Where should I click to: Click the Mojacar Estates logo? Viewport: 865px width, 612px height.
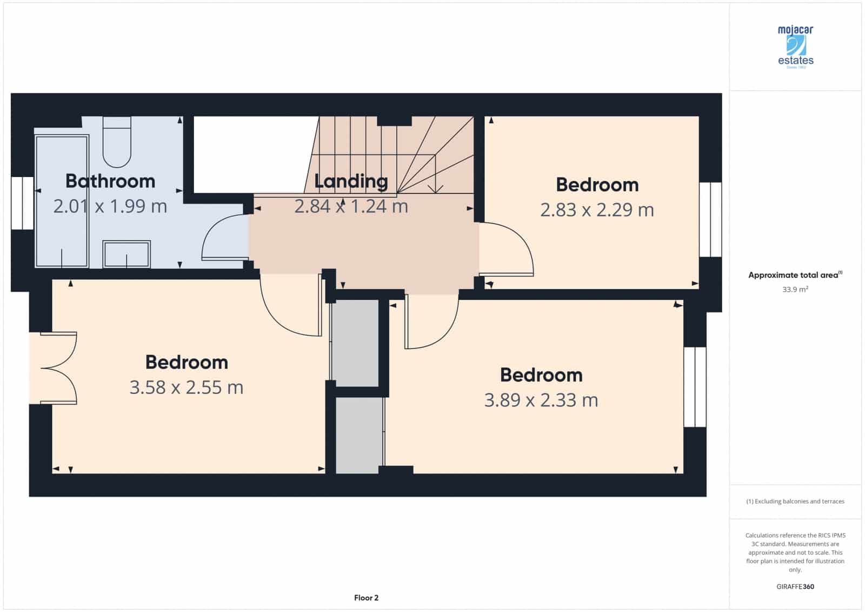pyautogui.click(x=795, y=47)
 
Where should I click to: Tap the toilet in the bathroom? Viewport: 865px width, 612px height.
pyautogui.click(x=117, y=142)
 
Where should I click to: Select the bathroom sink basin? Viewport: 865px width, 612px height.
pyautogui.click(x=127, y=254)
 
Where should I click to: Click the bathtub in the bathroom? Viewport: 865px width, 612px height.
pyautogui.click(x=62, y=201)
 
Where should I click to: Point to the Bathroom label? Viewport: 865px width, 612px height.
pyautogui.click(x=110, y=181)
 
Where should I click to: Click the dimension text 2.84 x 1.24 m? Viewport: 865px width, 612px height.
pyautogui.click(x=351, y=206)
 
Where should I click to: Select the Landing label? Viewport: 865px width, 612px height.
pyautogui.click(x=351, y=181)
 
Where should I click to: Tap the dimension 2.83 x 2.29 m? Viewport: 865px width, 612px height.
pyautogui.click(x=597, y=210)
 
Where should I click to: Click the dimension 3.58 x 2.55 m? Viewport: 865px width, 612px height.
pyautogui.click(x=186, y=387)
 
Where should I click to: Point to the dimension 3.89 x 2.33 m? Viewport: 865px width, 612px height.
pyautogui.click(x=541, y=400)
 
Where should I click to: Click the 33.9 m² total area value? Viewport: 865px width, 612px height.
pyautogui.click(x=795, y=289)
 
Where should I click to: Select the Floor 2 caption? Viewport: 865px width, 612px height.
pyautogui.click(x=366, y=598)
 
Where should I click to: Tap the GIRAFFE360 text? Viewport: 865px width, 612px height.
pyautogui.click(x=795, y=587)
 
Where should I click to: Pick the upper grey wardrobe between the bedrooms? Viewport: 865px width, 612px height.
pyautogui.click(x=355, y=343)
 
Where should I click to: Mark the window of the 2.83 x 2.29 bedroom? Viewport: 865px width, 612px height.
pyautogui.click(x=710, y=219)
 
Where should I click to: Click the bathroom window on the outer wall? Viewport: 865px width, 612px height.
pyautogui.click(x=22, y=203)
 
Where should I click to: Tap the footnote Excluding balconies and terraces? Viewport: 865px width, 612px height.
pyautogui.click(x=795, y=502)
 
